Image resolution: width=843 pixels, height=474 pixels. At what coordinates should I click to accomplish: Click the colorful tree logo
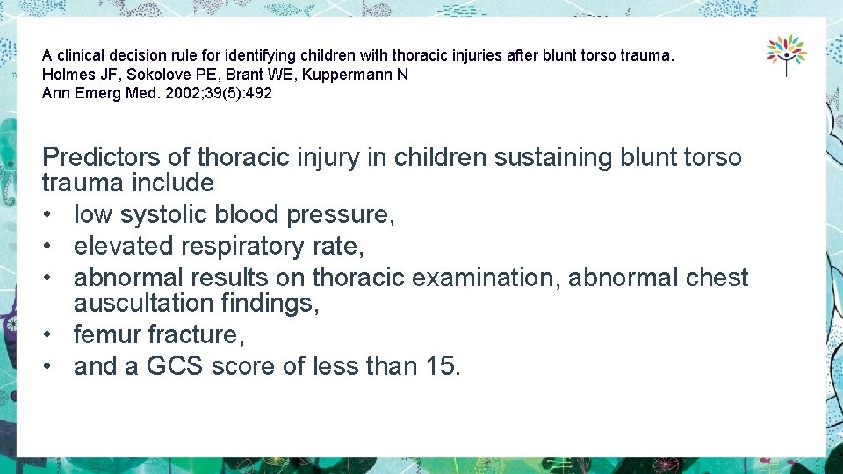click(786, 54)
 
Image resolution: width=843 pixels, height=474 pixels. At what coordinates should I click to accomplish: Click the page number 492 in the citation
click(259, 93)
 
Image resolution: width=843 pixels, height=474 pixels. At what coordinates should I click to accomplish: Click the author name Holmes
click(64, 75)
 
